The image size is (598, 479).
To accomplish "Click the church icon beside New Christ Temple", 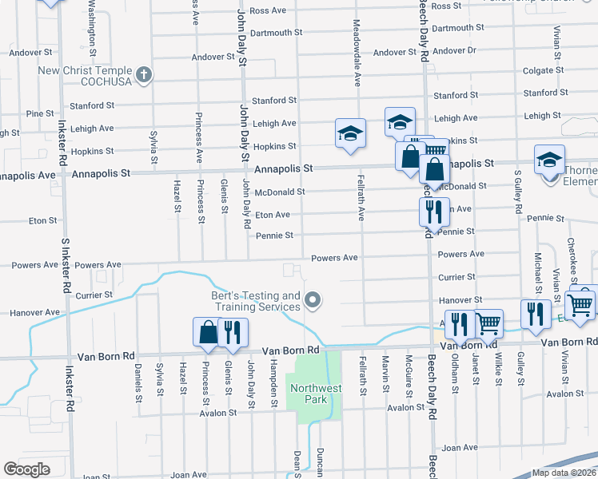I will [x=144, y=76].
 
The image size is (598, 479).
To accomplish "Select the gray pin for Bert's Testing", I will [x=313, y=301].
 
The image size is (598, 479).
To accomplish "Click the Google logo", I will [x=26, y=469].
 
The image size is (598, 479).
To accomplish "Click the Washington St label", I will [x=93, y=28].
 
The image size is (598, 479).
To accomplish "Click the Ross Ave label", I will [x=268, y=11].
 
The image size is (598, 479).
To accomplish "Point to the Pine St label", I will [x=39, y=114].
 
